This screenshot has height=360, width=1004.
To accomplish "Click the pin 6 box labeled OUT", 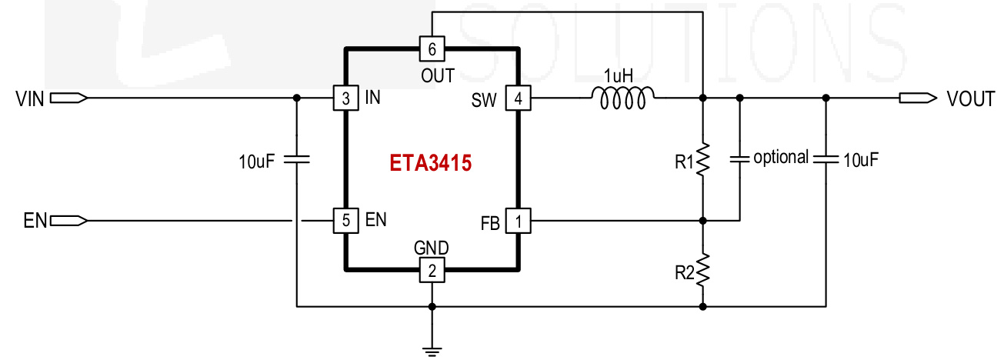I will click(432, 49).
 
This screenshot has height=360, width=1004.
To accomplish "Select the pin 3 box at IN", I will click(345, 98).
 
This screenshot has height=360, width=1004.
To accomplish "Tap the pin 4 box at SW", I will click(518, 98).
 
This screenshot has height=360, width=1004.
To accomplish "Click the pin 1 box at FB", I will click(518, 222).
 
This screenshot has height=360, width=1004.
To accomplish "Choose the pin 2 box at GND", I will click(432, 270).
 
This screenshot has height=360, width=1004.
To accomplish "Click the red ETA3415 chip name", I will click(429, 164).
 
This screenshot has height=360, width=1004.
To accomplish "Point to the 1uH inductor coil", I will click(623, 95).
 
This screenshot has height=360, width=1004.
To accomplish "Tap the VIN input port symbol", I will click(68, 98).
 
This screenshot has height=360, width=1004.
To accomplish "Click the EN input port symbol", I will click(68, 221).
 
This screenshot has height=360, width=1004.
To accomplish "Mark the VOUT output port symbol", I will click(918, 98).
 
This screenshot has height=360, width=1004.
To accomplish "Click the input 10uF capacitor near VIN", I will click(296, 160).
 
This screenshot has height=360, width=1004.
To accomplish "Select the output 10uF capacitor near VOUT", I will click(826, 159).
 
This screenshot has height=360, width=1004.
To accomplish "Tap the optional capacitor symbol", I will click(739, 159).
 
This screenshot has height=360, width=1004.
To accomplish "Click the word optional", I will click(781, 158).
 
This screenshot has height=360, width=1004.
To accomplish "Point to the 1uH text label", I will click(620, 76).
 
